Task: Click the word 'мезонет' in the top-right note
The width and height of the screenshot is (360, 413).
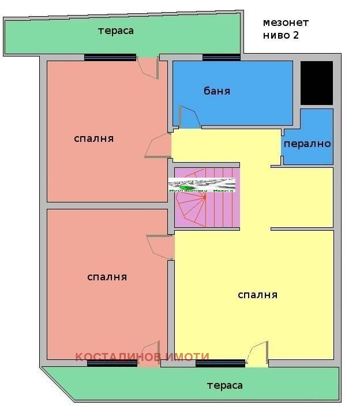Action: click(286, 23)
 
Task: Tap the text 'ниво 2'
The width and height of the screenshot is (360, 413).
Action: click(281, 35)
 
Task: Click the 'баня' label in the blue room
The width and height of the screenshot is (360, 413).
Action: click(217, 91)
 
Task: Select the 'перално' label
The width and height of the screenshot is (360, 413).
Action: click(307, 144)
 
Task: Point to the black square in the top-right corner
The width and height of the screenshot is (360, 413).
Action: click(317, 83)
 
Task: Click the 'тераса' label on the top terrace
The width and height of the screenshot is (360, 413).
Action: click(116, 31)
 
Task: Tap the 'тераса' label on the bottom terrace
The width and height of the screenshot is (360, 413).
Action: click(225, 385)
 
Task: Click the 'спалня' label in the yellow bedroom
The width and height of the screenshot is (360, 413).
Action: click(258, 295)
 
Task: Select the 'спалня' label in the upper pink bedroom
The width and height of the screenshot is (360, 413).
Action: click(94, 139)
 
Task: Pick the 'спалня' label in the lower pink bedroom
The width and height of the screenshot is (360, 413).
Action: click(107, 277)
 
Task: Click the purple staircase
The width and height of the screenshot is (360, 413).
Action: click(207, 199)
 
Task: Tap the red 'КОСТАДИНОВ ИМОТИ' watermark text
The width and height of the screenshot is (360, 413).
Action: click(142, 357)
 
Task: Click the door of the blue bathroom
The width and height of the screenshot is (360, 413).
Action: click(189, 118)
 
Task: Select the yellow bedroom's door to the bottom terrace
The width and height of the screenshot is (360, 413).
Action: click(257, 353)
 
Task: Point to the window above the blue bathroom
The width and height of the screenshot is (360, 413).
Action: click(221, 57)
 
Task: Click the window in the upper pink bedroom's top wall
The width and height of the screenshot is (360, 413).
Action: click(110, 57)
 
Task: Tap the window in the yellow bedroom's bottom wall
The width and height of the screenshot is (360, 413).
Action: click(220, 363)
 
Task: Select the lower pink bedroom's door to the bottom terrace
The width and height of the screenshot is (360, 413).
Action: click(150, 354)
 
